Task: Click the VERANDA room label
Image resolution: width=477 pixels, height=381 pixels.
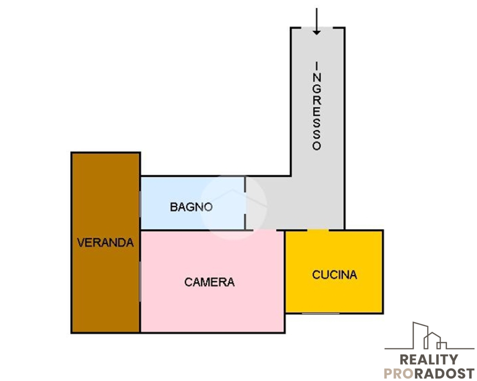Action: point(105,242)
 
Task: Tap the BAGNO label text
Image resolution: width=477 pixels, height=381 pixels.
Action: point(191,207)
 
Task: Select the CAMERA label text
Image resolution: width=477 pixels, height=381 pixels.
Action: point(209,282)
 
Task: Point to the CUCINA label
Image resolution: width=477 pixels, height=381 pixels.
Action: point(334,274)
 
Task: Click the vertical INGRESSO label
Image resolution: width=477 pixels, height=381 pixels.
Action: point(317,106)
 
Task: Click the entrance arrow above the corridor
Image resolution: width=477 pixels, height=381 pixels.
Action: point(317,21)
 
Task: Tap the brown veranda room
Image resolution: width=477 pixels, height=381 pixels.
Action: point(106,242)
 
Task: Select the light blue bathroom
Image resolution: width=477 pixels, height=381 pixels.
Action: point(192,203)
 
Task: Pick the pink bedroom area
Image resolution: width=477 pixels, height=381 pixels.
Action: point(212,281)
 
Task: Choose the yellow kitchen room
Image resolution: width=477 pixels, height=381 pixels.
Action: point(334,271)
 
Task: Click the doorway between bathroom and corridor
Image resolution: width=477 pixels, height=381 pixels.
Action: point(245,203)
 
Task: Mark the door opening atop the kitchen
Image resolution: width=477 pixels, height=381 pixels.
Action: point(318,230)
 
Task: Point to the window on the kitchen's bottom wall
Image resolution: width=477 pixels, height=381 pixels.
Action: point(320,313)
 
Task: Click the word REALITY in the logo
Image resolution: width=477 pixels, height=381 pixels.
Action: point(429,360)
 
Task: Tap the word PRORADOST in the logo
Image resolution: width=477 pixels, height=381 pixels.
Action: point(429,373)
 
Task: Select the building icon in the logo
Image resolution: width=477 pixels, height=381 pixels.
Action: point(429,336)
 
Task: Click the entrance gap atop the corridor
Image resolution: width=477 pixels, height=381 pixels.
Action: point(317,28)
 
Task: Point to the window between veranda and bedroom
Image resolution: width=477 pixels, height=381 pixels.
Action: point(140,281)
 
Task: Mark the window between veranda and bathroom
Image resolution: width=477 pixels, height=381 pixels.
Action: point(140,204)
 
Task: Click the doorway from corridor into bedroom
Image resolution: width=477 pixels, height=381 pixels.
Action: point(265,230)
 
